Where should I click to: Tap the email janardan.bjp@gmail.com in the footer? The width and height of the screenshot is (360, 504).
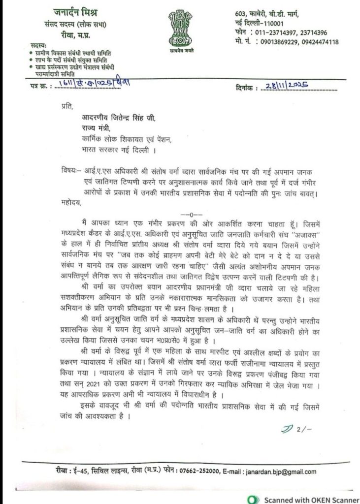279,472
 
